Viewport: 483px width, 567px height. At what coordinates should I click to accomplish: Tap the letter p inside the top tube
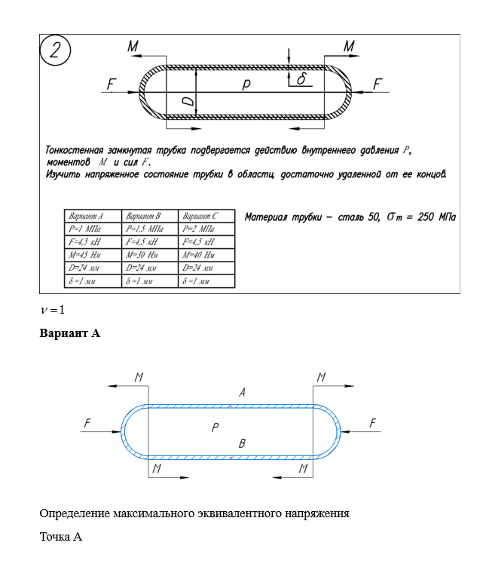click(x=246, y=85)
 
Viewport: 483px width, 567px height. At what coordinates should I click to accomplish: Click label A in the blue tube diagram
click(x=242, y=392)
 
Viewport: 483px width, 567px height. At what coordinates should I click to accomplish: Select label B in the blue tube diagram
click(x=242, y=443)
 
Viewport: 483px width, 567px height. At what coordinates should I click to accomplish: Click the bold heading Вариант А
click(x=69, y=333)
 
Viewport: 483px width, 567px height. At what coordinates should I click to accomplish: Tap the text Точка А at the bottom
click(x=60, y=537)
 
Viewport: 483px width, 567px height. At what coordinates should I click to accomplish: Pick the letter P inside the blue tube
click(x=215, y=428)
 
